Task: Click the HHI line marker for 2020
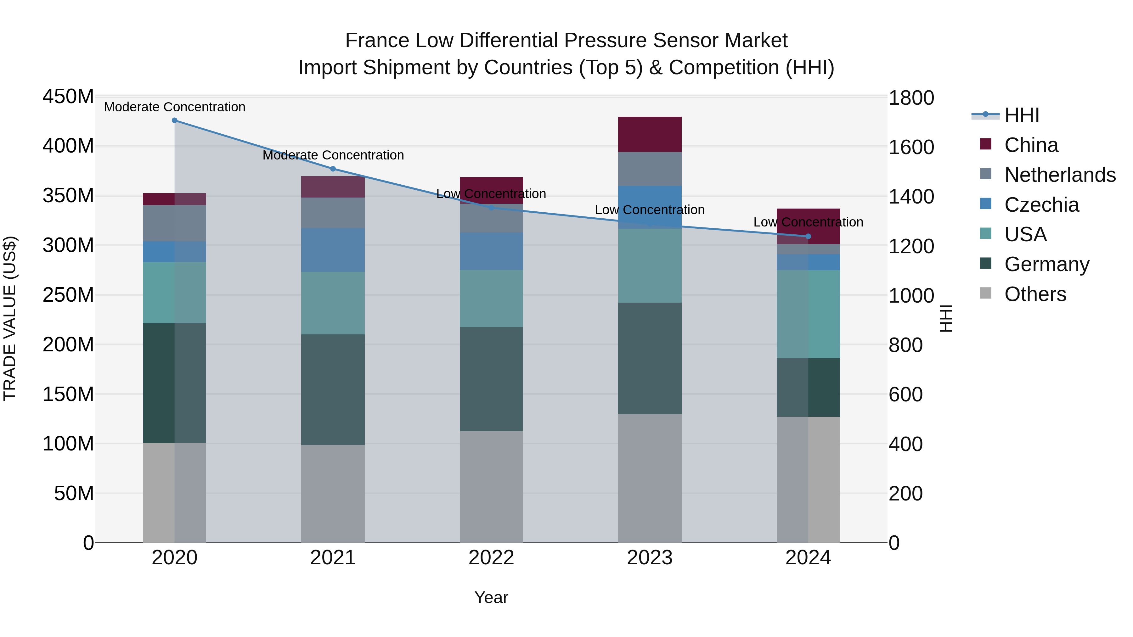(x=175, y=120)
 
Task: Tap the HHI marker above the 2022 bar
(x=491, y=208)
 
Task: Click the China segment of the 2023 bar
(x=650, y=135)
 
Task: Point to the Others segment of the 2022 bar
(x=491, y=487)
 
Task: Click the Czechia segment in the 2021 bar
(x=333, y=250)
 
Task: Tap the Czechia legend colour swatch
(x=986, y=204)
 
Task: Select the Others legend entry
(x=1035, y=294)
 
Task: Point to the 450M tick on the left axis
(x=68, y=96)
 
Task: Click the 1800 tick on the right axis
(x=911, y=98)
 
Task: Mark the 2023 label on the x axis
(x=650, y=558)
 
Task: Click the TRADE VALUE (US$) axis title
(x=10, y=318)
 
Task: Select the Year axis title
(x=491, y=597)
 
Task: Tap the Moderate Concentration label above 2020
(x=175, y=107)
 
